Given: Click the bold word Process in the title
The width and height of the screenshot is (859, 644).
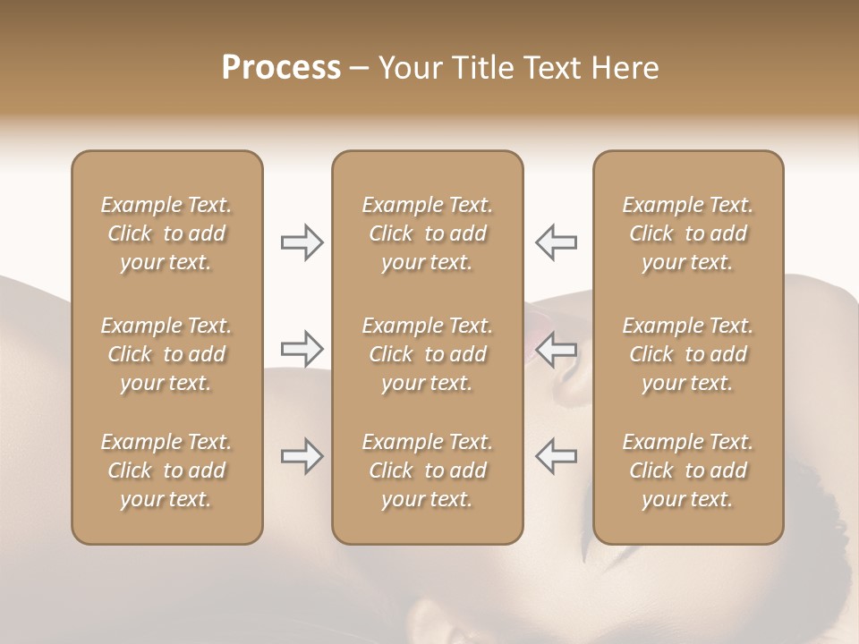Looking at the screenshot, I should [x=281, y=68].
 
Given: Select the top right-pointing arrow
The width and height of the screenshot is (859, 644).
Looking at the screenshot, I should [x=302, y=242].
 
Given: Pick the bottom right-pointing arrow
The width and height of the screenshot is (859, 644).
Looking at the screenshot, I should [x=302, y=456].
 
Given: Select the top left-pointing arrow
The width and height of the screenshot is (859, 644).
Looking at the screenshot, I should [x=556, y=242].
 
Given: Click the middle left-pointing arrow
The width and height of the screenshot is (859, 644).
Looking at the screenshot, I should [x=556, y=348].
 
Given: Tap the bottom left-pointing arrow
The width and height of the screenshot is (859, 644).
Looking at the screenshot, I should [x=556, y=456].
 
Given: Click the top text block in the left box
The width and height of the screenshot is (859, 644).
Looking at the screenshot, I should [x=166, y=233].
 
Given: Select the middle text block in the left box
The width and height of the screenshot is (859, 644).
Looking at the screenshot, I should [x=166, y=354].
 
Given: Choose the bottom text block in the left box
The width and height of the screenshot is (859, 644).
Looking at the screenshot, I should [x=166, y=470].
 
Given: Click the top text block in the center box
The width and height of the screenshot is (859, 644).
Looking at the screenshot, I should [x=428, y=233].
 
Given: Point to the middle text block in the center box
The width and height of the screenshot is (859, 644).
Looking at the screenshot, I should [x=428, y=354].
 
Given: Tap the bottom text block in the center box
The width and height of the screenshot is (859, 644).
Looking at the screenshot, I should [x=428, y=470].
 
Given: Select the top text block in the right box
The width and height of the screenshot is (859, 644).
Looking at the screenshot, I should [x=688, y=233].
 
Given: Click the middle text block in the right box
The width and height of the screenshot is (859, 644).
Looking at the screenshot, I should [x=688, y=354].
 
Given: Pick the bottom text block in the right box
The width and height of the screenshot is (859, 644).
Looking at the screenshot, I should [x=688, y=470].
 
